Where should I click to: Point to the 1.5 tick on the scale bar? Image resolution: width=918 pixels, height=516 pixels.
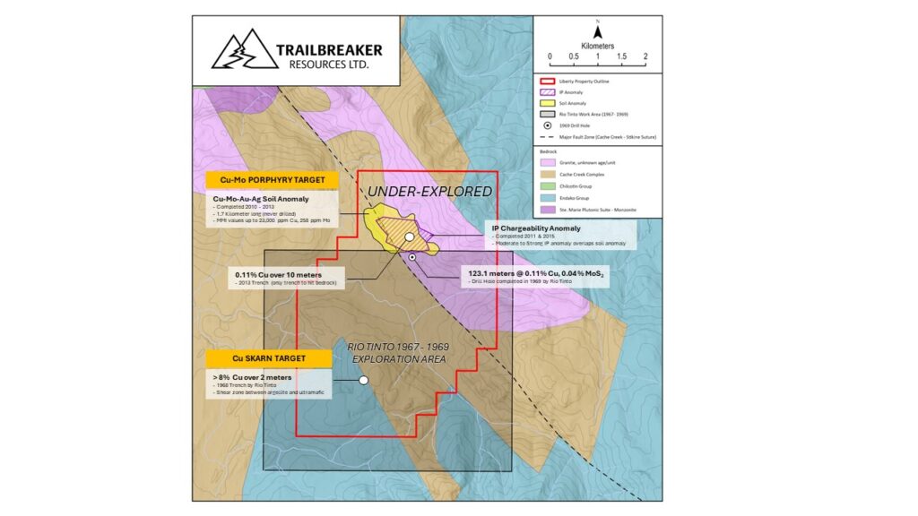pos(621,56)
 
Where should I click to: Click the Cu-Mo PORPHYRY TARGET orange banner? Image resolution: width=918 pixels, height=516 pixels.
pos(272,179)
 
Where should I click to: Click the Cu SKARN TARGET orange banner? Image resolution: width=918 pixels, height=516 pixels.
pos(269,358)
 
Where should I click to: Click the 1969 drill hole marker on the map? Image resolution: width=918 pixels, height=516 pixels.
pos(412,257)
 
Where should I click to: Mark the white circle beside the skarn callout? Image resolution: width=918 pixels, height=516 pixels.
pos(363,380)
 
